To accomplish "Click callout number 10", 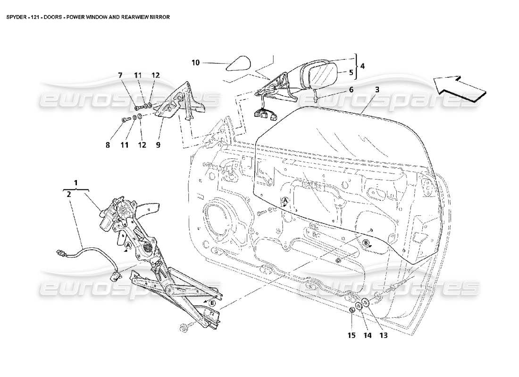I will point(196,62).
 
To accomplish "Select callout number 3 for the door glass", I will point(377,89).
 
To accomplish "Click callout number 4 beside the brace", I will point(362,66).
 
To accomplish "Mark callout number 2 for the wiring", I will point(69,194).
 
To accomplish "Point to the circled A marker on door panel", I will point(285,201).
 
